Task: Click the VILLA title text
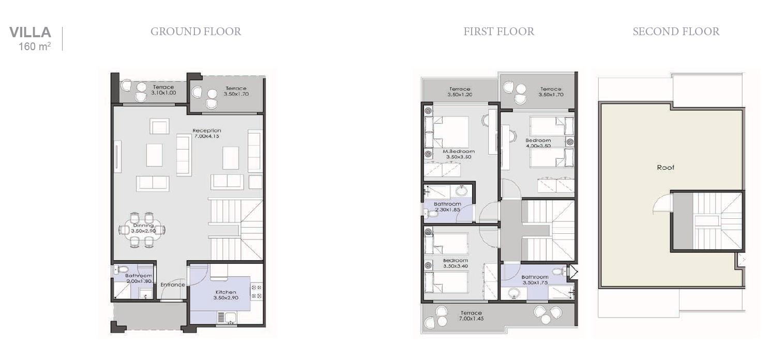30,33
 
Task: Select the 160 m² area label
35,47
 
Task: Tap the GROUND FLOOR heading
195,32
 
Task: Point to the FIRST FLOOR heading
498,32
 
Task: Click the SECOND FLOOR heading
676,32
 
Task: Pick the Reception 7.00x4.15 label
207,133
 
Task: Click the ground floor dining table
142,229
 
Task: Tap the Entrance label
173,285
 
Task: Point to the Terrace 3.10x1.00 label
163,90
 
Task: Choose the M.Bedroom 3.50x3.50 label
458,154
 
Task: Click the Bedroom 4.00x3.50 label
538,143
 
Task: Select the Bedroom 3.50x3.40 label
455,263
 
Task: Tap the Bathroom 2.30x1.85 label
447,207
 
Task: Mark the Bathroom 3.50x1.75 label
535,280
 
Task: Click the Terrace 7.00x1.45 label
471,316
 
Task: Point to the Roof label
666,168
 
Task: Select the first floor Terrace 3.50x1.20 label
460,92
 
